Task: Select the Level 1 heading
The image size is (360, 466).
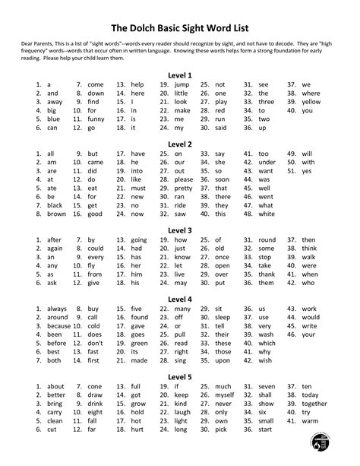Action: point(180,75)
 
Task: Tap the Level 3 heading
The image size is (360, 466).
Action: point(180,230)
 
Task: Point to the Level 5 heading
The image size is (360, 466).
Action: point(180,377)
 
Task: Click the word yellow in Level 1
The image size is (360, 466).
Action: point(311,102)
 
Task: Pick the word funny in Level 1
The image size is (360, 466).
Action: point(95,119)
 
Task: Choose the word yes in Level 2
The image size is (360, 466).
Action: point(307,171)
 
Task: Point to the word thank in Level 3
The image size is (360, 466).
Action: point(266,274)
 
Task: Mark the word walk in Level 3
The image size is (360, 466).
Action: point(309,257)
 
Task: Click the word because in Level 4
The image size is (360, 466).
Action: point(58,326)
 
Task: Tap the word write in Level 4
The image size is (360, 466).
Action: point(308,326)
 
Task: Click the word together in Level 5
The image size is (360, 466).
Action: point(314,404)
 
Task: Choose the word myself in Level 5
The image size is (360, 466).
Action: point(224,395)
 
